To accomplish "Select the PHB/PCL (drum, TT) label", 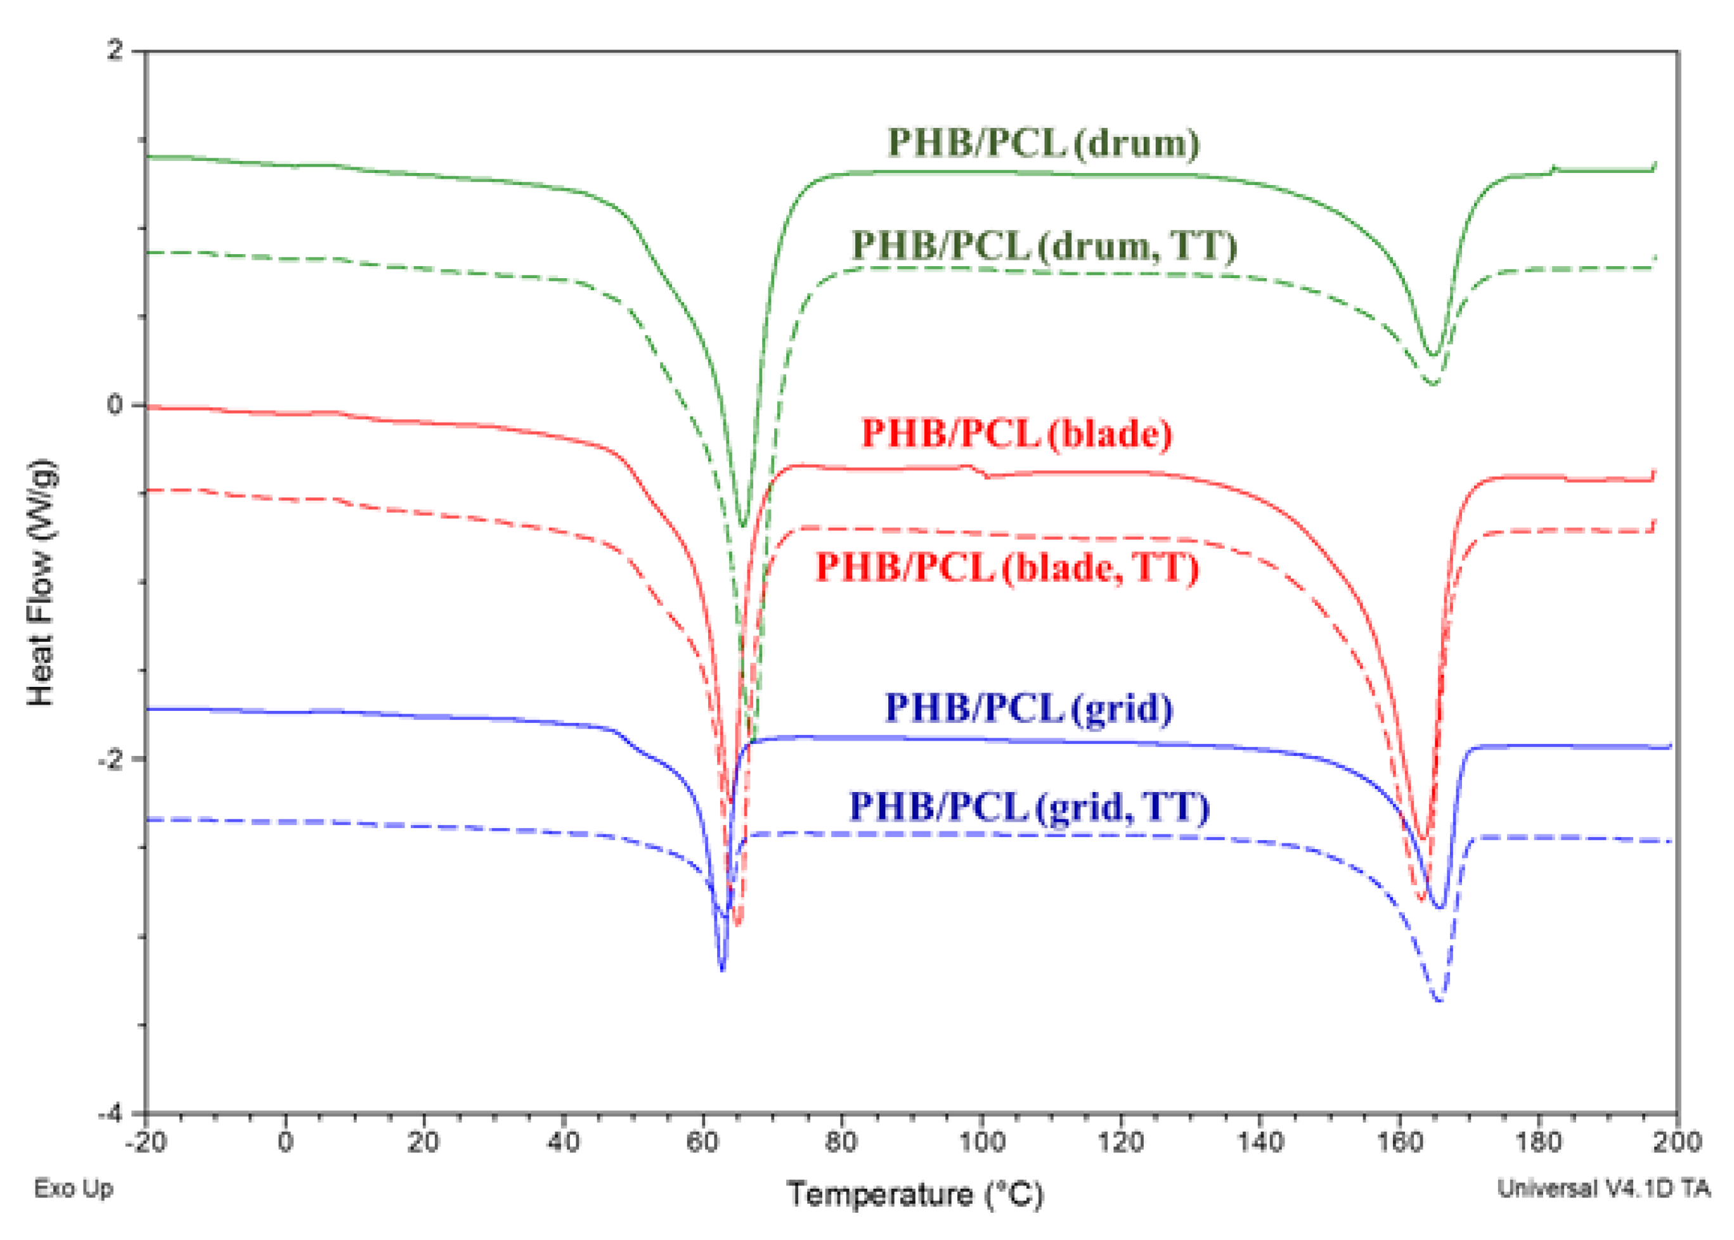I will pos(1044,246).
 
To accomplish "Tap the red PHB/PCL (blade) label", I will pos(1017,433).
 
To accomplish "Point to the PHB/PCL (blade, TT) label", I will pos(1007,567).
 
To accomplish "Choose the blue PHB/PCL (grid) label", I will pos(1029,708).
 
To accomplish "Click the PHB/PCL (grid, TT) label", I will pos(1030,807).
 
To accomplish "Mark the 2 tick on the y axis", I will pos(115,51).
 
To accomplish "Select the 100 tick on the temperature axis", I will pos(981,1143).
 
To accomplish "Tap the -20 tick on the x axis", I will pos(145,1143).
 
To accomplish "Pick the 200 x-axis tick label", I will pos(1678,1143).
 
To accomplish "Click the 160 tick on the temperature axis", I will pos(1399,1143).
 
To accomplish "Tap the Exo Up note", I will pos(74,1188).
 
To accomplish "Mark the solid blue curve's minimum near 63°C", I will pos(722,969).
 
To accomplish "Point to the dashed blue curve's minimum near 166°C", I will pos(1439,999).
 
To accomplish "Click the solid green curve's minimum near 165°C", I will pos(1433,355).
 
